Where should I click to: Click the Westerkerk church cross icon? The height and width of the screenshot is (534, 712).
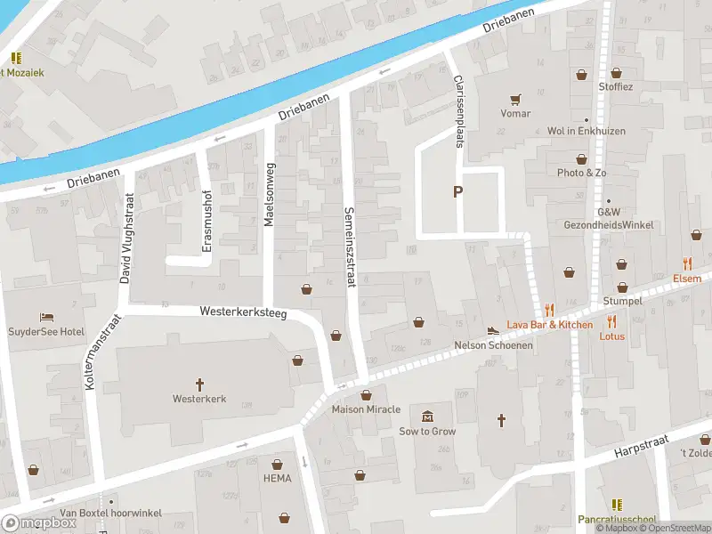[199, 384]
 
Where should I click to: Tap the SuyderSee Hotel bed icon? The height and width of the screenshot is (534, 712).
[46, 317]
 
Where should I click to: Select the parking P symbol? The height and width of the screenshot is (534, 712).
[458, 191]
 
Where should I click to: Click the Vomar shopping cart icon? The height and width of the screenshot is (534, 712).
[514, 99]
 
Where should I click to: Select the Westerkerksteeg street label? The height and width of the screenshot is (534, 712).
[243, 313]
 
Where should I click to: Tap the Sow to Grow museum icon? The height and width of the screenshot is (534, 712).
[428, 417]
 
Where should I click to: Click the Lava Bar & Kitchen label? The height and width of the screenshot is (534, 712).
[549, 325]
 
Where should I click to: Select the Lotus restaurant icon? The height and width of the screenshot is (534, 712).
[612, 321]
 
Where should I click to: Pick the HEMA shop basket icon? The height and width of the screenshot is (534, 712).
[278, 464]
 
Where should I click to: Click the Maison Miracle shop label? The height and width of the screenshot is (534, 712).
[366, 410]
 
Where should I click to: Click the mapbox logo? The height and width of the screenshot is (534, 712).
[40, 522]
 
